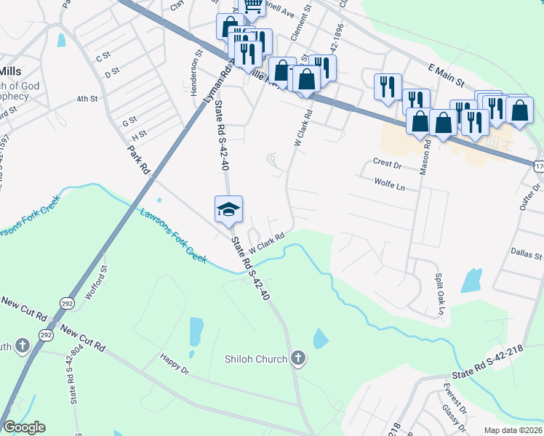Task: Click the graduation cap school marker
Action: pyautogui.click(x=228, y=209)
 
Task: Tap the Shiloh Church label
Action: pyautogui.click(x=256, y=358)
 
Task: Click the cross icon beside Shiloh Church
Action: pyautogui.click(x=297, y=358)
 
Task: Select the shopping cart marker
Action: pyautogui.click(x=253, y=6)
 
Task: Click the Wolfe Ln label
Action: pyautogui.click(x=388, y=185)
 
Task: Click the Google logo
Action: pyautogui.click(x=24, y=427)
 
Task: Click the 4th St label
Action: pyautogui.click(x=87, y=99)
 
